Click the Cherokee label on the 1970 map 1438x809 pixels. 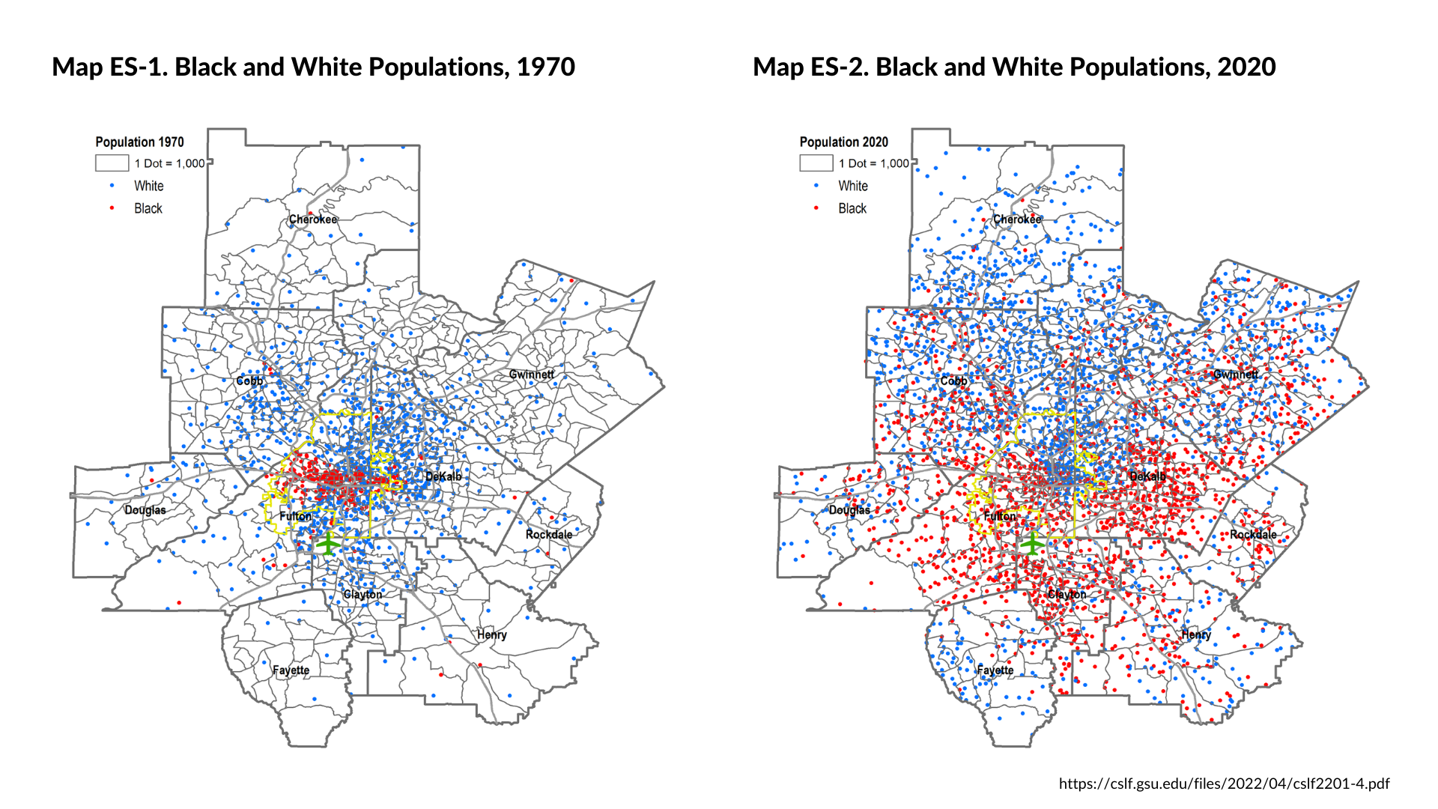coord(313,219)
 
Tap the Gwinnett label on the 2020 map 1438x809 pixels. coord(1236,375)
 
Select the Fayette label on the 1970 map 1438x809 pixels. coord(291,670)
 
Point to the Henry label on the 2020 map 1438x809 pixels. coord(1196,634)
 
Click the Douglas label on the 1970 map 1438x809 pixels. coord(145,510)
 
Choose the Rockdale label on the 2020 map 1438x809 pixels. coord(1253,534)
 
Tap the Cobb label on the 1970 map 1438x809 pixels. coord(249,381)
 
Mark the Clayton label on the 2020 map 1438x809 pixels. coord(1067,594)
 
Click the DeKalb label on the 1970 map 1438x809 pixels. coord(443,476)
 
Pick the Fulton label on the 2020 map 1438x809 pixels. coord(1000,516)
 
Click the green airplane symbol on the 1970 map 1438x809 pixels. coord(327,543)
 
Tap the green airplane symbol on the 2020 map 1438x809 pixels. coord(1032,543)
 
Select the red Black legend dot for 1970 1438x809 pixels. coord(112,208)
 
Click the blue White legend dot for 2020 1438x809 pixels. coord(816,186)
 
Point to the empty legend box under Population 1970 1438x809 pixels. coord(112,163)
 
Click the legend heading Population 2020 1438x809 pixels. coord(843,142)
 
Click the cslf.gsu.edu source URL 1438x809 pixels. coord(1224,784)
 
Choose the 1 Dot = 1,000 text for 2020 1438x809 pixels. coord(873,163)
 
